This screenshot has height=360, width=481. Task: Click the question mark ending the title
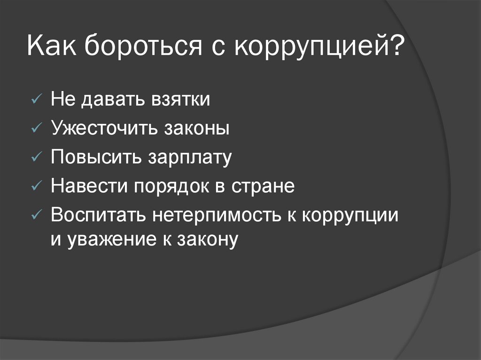pyautogui.click(x=393, y=48)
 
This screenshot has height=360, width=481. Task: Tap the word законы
pyautogui.click(x=197, y=129)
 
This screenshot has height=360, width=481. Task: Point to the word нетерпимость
pyautogui.click(x=215, y=215)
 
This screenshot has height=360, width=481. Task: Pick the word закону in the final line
pyautogui.click(x=206, y=239)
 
